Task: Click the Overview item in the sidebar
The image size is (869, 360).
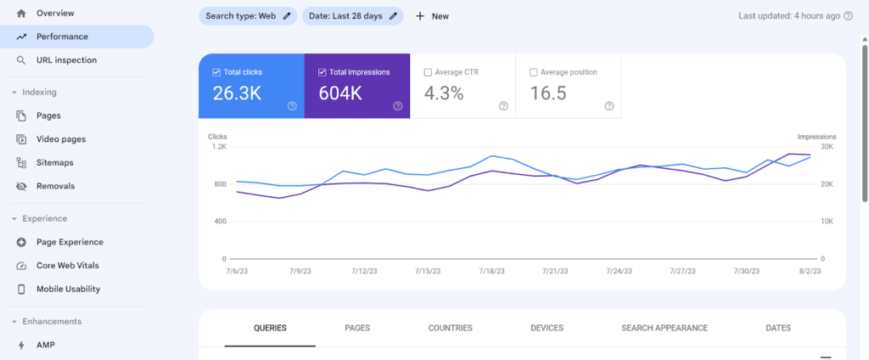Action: coord(55,14)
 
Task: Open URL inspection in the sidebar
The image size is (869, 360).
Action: coord(66,60)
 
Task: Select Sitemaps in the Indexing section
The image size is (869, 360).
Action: coord(54,162)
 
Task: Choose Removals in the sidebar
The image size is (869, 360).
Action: coord(55,186)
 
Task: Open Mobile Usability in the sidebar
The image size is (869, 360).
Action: coord(68,289)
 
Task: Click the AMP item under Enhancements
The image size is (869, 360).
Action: coord(46,345)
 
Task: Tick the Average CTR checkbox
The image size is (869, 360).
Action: coord(428,72)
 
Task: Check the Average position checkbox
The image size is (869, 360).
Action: coord(534,72)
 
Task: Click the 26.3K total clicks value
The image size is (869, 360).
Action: coord(237,93)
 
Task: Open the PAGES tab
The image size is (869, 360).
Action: coord(357,328)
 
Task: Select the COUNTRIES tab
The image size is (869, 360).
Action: coord(450,328)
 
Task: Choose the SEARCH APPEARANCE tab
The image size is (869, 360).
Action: coord(664,328)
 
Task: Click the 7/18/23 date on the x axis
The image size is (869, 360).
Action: coord(491,272)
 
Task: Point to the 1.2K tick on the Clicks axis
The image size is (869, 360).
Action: coord(219,147)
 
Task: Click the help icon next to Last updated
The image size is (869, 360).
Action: coord(848,16)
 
